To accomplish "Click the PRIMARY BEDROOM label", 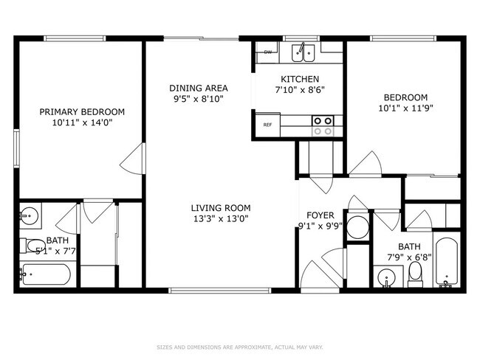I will pyautogui.click(x=82, y=111).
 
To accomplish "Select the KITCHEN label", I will pyautogui.click(x=300, y=79).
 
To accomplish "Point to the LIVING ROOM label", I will pyautogui.click(x=221, y=207).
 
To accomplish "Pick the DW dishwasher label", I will pyautogui.click(x=267, y=52).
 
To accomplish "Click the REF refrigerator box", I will pyautogui.click(x=267, y=125).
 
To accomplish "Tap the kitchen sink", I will pyautogui.click(x=302, y=52).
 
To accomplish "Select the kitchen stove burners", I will pyautogui.click(x=322, y=125).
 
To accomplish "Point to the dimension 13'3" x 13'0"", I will pyautogui.click(x=221, y=218).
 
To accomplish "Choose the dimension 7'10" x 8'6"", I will pyautogui.click(x=300, y=90).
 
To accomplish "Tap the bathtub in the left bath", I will pyautogui.click(x=45, y=276).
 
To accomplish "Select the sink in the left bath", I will pyautogui.click(x=30, y=217).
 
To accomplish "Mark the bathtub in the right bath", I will pyautogui.click(x=448, y=263).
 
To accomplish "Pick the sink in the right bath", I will pyautogui.click(x=386, y=278).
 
